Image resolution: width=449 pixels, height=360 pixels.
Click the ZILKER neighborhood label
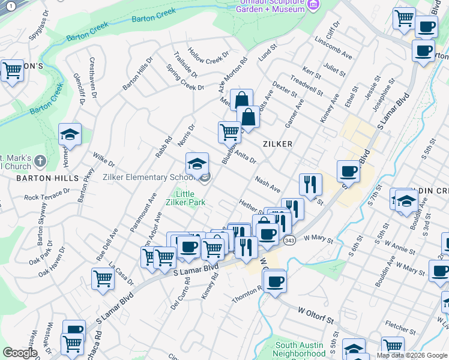[x=277, y=144]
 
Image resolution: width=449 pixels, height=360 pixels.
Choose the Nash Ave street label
[x=268, y=184]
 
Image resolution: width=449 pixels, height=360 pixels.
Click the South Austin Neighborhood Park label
[x=300, y=350]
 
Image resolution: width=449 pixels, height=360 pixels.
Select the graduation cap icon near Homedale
[x=70, y=135]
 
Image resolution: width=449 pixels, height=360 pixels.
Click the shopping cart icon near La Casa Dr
[x=103, y=278]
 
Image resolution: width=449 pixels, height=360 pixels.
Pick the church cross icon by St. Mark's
[x=40, y=161]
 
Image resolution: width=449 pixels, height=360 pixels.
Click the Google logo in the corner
[x=19, y=353]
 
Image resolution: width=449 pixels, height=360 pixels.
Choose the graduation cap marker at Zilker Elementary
[x=197, y=164]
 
